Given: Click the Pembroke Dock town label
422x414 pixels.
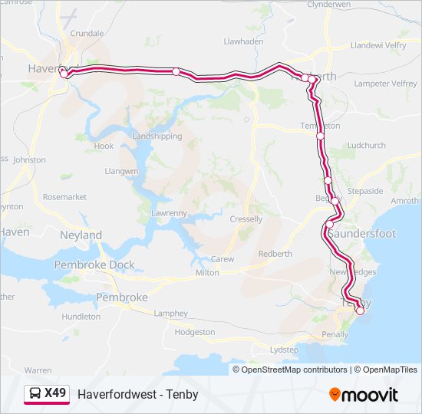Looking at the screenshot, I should coord(94,265).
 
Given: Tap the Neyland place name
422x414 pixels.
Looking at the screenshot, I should coord(81,235).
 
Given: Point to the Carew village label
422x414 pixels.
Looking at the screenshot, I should coord(223,259).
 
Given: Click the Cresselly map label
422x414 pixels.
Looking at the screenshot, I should coord(246,219).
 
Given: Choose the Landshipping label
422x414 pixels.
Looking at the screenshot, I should coord(157,136).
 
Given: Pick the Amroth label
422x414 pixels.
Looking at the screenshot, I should coord(405,201).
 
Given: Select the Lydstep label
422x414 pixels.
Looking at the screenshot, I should coord(285,350).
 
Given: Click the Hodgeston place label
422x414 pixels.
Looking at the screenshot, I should coord(195,332).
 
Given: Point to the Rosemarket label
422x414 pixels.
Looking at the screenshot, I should coord(64,197).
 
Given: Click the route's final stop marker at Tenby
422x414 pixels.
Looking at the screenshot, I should coord(360,310).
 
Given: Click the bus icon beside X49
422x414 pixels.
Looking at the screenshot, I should coord(35,394).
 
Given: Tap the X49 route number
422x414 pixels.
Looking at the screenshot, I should coord(55,394).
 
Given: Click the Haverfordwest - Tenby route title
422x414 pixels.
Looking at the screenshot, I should coord(138,394).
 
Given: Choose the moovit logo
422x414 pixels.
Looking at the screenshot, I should coord(364,395).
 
